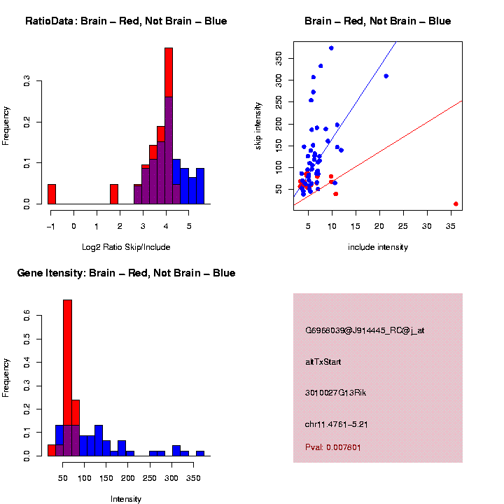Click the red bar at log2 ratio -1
coord(52,194)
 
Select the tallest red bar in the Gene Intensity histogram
coord(68,378)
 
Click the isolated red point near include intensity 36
coord(456,204)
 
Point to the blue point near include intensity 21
coord(386,76)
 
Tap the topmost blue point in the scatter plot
coord(331,48)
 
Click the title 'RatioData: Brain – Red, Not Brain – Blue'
coord(126,21)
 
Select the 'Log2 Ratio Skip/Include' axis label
coord(126,247)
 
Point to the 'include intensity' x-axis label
coord(378,247)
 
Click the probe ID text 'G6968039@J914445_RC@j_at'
coord(365,330)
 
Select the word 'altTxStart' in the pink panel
coord(323,362)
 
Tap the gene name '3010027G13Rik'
coord(335,393)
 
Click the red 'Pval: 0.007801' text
coord(333,447)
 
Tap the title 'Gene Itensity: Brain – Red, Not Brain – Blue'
coord(126,273)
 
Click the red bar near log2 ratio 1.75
coord(113,194)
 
